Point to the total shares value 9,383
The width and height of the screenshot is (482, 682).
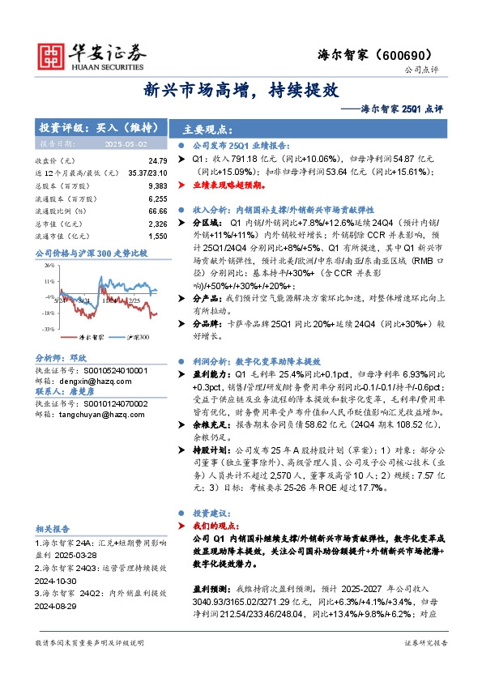pyautogui.click(x=157, y=186)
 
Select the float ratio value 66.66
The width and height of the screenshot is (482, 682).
pyautogui.click(x=157, y=211)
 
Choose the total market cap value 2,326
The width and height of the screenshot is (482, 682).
pyautogui.click(x=157, y=224)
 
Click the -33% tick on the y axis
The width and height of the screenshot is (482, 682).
pyautogui.click(x=49, y=329)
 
